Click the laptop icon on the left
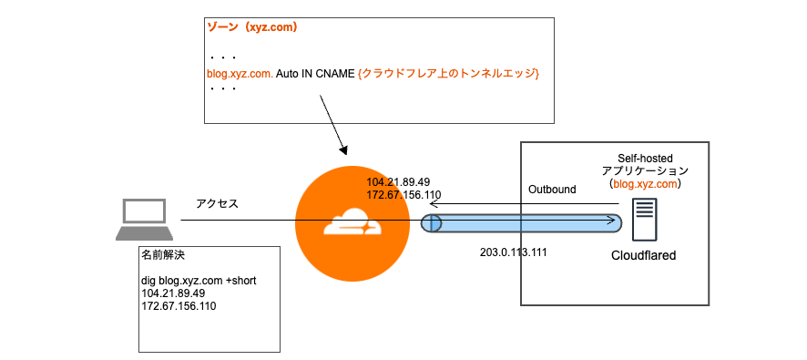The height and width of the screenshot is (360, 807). point(144,220)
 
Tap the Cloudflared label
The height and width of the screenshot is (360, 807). point(643,256)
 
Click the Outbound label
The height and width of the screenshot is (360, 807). point(552,189)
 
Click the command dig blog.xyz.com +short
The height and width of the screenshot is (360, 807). point(199,280)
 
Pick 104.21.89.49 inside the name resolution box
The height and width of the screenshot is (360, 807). point(173,293)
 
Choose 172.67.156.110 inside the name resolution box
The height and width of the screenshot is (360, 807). point(179,306)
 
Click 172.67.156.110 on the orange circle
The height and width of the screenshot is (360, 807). point(403,195)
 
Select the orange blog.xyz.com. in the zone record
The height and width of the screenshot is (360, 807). point(240,73)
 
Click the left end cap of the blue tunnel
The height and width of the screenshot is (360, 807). point(431,222)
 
